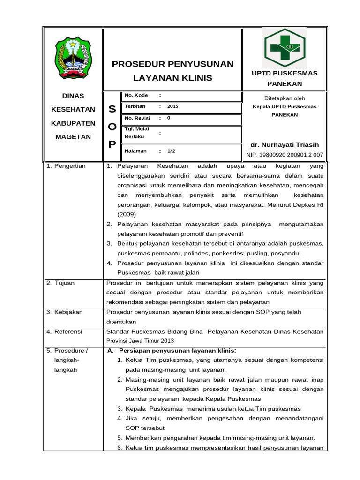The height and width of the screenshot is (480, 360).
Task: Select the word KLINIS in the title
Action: [198, 78]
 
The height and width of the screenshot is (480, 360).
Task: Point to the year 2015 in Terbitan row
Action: [173, 106]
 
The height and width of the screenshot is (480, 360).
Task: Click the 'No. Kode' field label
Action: [136, 95]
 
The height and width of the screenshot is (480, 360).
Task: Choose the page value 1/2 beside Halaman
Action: [171, 151]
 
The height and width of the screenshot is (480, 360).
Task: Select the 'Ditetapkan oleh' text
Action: [285, 98]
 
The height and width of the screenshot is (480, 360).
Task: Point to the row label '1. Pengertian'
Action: [66, 166]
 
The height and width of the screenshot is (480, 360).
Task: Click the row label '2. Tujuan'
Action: [60, 283]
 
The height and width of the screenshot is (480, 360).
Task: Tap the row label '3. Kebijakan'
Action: [65, 312]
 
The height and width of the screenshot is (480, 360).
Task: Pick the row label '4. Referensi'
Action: [65, 331]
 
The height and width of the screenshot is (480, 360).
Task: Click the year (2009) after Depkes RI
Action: [127, 214]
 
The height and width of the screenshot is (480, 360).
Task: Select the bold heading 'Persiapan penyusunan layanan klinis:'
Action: [178, 351]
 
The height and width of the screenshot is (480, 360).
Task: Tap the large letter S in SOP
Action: [112, 109]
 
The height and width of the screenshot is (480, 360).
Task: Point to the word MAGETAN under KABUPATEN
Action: [73, 137]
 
